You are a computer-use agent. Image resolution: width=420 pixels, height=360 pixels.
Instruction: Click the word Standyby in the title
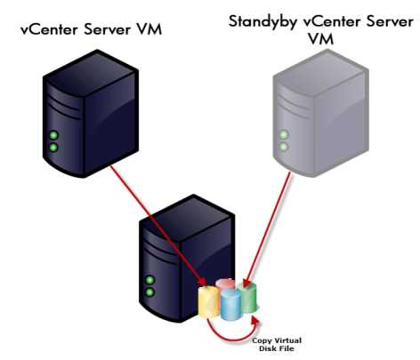click(262, 22)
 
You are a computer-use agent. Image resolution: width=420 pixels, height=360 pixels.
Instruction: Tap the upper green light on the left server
click(53, 135)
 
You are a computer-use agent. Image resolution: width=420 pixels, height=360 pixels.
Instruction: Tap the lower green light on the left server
click(53, 148)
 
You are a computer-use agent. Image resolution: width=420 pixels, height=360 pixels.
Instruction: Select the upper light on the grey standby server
click(284, 135)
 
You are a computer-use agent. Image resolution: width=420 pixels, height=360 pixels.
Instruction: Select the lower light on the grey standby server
click(284, 147)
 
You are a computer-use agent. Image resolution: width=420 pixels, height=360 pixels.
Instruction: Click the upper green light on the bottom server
click(149, 280)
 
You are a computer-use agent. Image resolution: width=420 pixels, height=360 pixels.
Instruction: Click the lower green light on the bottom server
click(149, 292)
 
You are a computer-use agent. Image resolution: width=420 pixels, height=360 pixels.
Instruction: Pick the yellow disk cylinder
click(209, 301)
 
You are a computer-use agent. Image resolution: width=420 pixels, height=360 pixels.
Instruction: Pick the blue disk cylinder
click(230, 305)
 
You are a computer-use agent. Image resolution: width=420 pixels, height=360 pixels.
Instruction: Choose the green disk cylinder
click(248, 298)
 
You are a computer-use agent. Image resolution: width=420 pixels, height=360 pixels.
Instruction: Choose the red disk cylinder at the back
click(226, 284)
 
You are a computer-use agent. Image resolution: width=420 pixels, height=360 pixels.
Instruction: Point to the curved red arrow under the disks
click(231, 338)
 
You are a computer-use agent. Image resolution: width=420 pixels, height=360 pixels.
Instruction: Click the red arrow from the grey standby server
click(267, 229)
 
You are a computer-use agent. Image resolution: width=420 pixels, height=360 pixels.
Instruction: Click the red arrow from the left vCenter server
click(158, 225)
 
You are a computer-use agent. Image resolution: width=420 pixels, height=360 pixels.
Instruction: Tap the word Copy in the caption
click(262, 341)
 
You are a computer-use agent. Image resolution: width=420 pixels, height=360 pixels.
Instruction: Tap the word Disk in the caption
click(269, 348)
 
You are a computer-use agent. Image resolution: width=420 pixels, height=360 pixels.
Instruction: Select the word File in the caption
click(287, 348)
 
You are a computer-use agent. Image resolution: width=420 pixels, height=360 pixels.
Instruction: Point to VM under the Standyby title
click(320, 39)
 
